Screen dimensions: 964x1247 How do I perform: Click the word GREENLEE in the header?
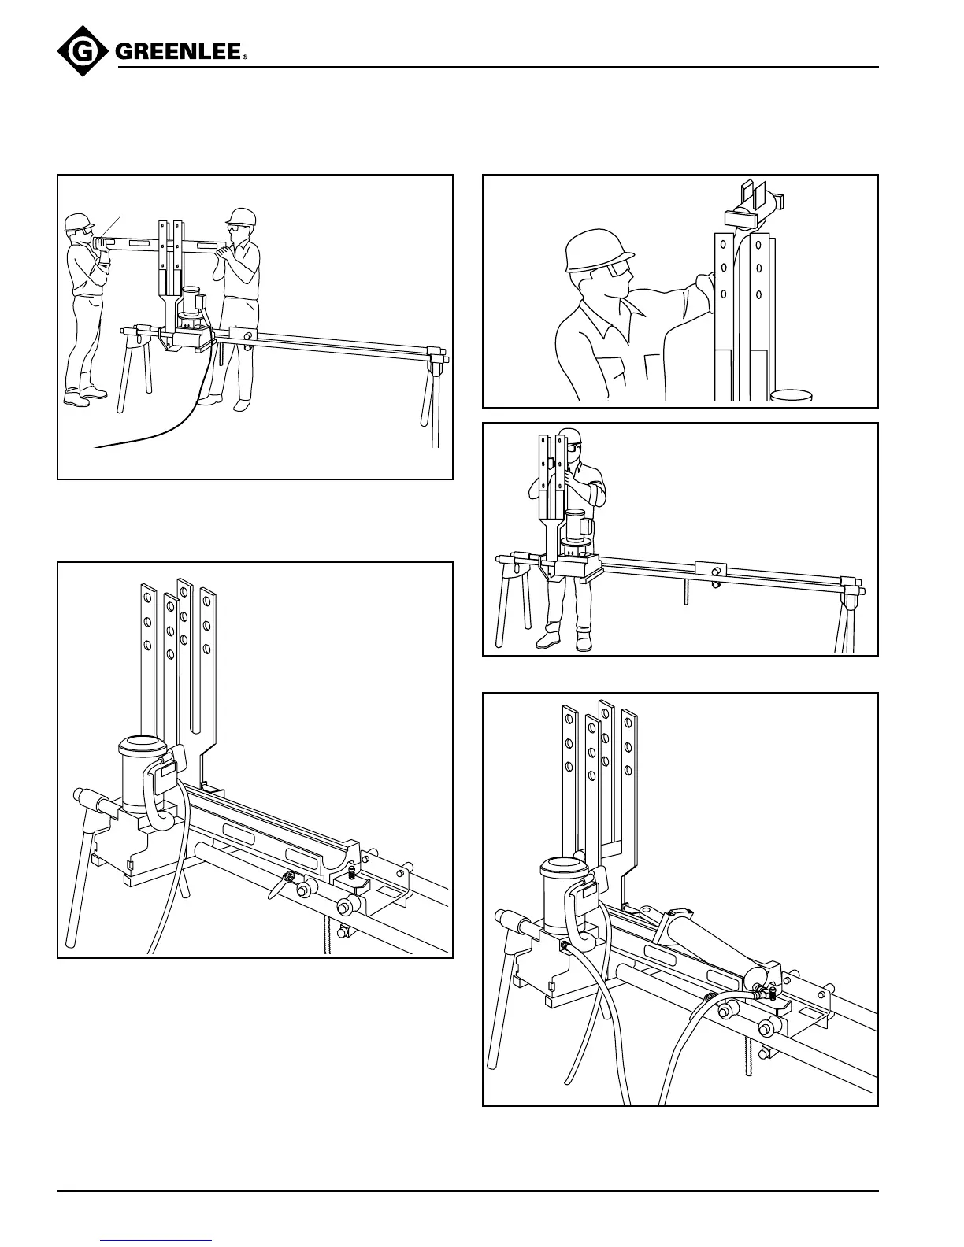(178, 53)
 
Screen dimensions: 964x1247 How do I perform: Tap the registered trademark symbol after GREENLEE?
(245, 57)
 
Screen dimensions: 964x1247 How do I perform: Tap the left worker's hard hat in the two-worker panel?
(77, 221)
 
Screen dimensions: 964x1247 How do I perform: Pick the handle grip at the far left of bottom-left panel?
(93, 803)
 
